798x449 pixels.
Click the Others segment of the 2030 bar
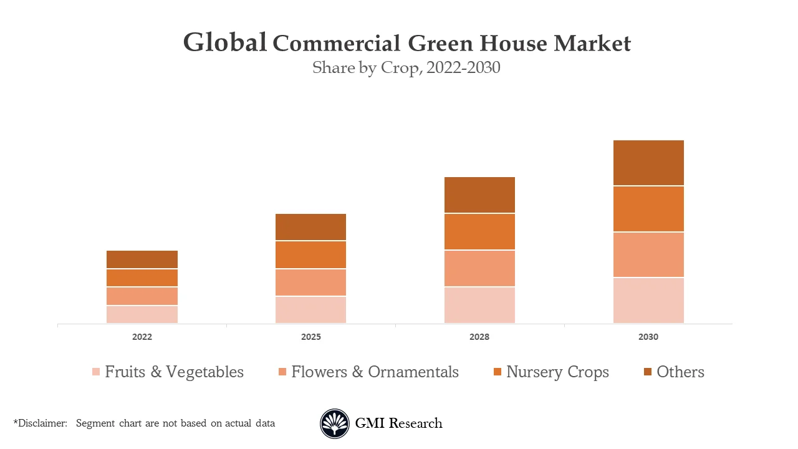point(648,163)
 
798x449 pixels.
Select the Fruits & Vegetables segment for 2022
point(142,314)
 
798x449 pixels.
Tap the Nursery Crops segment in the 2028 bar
point(479,231)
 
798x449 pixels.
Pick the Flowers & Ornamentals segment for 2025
point(310,282)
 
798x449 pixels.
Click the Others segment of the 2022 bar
point(142,259)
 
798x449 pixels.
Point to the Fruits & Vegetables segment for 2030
point(648,301)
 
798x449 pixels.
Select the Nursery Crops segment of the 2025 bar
point(310,254)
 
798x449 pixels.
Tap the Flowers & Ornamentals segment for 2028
point(479,268)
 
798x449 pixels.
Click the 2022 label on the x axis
point(142,337)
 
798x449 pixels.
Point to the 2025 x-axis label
point(310,337)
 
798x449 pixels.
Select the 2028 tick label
point(479,337)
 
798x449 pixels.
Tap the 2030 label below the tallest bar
point(648,337)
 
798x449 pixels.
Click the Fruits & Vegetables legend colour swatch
point(96,372)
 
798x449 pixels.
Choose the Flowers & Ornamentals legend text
point(375,372)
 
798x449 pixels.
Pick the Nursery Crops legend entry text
point(557,372)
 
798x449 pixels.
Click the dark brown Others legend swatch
point(648,372)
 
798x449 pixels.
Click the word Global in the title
point(225,42)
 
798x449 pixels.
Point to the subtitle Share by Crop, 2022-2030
point(406,67)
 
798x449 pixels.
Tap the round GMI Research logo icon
point(335,424)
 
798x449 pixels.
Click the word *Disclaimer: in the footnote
point(41,423)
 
